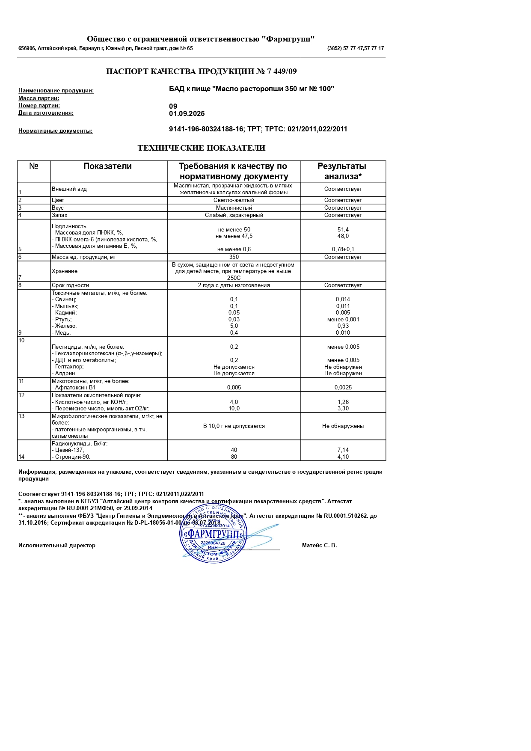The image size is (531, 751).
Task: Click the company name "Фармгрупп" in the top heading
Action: [x=290, y=39]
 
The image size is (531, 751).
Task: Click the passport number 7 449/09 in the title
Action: [x=282, y=71]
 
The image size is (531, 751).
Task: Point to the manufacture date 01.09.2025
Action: [x=187, y=114]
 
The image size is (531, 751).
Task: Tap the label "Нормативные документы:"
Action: [x=56, y=131]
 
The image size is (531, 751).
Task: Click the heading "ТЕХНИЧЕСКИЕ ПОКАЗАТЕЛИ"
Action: [x=201, y=148]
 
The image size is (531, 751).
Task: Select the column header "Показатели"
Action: [x=107, y=166]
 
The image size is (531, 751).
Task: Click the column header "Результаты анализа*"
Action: [x=343, y=171]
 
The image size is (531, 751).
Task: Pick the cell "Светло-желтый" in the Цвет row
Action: [x=234, y=200]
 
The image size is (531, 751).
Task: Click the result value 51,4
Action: [x=343, y=230]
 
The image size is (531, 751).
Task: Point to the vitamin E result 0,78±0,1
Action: [x=343, y=249]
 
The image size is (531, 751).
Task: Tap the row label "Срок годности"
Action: [x=71, y=285]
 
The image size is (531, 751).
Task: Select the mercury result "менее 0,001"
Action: [x=343, y=320]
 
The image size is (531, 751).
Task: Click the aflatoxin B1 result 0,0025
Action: [x=343, y=388]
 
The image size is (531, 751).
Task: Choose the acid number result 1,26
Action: [x=343, y=402]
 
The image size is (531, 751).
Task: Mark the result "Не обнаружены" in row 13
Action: [x=343, y=426]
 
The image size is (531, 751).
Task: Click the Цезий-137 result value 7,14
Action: [x=343, y=450]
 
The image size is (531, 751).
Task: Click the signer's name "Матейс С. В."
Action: [x=319, y=546]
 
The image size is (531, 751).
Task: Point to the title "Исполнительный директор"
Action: [x=57, y=546]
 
